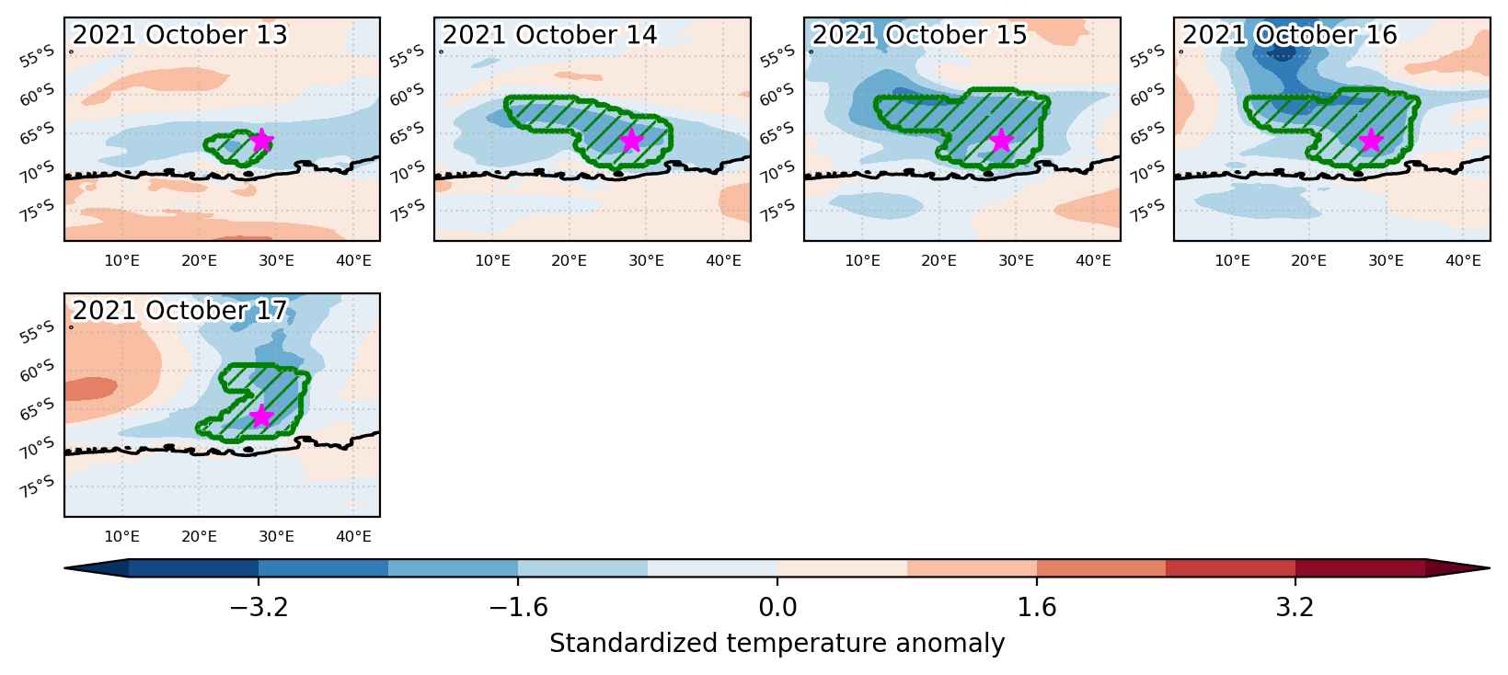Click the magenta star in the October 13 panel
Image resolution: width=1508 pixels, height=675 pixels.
(x=261, y=140)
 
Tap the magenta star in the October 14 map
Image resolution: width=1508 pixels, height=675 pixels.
(x=631, y=140)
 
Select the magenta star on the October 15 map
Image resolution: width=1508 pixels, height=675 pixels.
(x=1002, y=140)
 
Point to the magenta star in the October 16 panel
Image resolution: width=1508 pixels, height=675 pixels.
(x=1371, y=140)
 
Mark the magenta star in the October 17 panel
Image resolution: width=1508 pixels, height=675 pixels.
(x=261, y=416)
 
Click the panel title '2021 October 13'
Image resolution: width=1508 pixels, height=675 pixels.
(x=179, y=35)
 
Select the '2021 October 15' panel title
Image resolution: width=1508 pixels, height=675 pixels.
(x=919, y=35)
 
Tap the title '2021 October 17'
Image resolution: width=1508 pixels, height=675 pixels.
(x=179, y=310)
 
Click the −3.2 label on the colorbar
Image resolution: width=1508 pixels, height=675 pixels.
(x=259, y=607)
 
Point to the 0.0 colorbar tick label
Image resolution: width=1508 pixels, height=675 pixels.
(x=777, y=607)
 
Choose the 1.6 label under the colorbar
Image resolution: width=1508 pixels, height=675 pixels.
(x=1037, y=607)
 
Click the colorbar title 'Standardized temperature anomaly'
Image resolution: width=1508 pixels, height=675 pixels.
(x=777, y=644)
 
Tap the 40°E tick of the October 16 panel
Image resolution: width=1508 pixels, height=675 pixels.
(x=1463, y=260)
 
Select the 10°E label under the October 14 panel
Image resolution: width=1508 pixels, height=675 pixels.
(x=492, y=260)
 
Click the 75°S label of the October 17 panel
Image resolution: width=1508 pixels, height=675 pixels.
(x=37, y=486)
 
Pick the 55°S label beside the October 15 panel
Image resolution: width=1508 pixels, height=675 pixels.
(x=777, y=56)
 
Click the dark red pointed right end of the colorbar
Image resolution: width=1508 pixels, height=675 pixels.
(x=1457, y=568)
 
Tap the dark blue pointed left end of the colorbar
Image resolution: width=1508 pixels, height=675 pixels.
(x=97, y=568)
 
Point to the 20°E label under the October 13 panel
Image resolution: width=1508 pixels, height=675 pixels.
(x=200, y=260)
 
